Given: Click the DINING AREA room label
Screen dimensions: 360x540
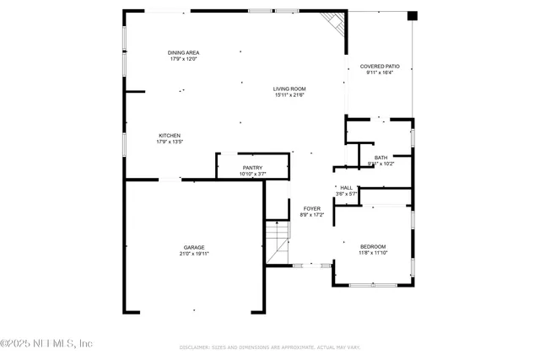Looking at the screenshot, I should coord(182,52).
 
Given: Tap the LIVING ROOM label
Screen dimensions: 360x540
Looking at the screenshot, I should coord(289,89).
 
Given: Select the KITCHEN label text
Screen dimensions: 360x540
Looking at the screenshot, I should coord(170,136).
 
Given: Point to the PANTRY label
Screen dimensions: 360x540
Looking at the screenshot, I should coord(252,168).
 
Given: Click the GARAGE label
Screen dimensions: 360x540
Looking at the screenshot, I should coord(194,247).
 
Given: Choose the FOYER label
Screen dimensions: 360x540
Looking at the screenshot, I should coord(312,208).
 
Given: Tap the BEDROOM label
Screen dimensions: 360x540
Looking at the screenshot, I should coord(372,246).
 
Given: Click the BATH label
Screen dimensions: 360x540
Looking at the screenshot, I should coord(381,158).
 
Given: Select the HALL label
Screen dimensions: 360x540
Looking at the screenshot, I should coord(346,187).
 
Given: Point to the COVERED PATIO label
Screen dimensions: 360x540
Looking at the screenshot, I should coord(380,66).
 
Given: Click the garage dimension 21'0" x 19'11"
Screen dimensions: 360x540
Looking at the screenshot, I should coord(194,254).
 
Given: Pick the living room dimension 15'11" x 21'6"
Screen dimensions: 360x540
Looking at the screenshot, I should coord(289,95).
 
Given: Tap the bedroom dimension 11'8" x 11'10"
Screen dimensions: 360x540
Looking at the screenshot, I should coord(372,253).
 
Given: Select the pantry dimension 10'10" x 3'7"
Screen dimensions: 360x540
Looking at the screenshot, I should coord(252,175).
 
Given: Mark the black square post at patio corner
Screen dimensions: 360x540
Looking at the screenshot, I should coord(412,15).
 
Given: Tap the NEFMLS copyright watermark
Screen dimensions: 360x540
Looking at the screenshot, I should coord(46,343).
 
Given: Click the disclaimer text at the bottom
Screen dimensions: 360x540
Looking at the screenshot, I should coord(269,347).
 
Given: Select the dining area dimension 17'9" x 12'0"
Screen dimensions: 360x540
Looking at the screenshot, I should coord(182,59).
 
